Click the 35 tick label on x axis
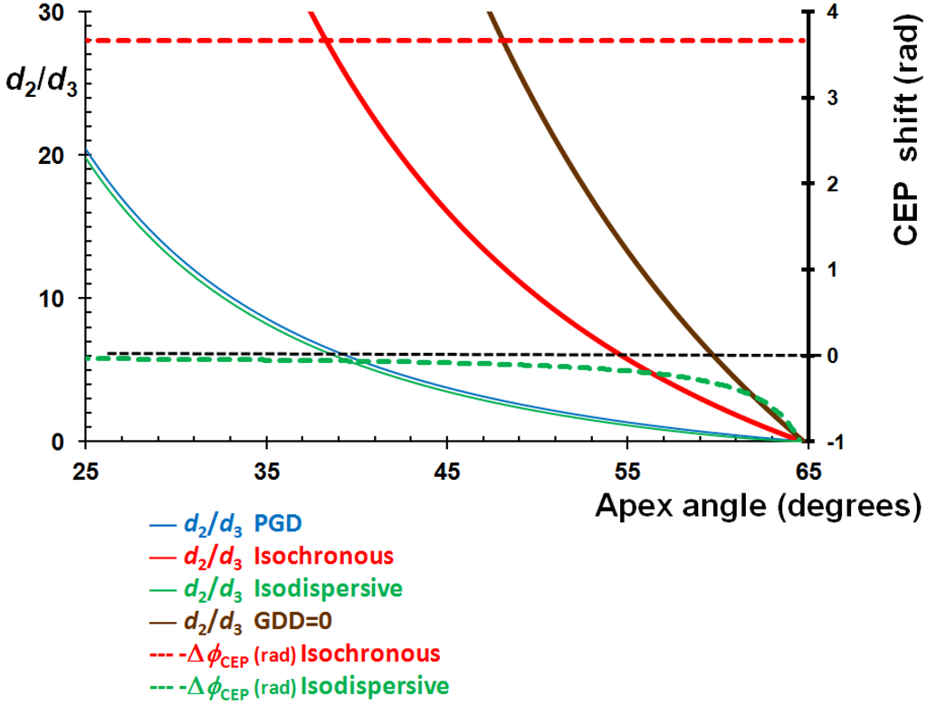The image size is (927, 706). click(266, 471)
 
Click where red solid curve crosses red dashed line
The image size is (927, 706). click(328, 41)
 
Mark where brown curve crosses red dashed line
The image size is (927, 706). click(504, 41)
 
